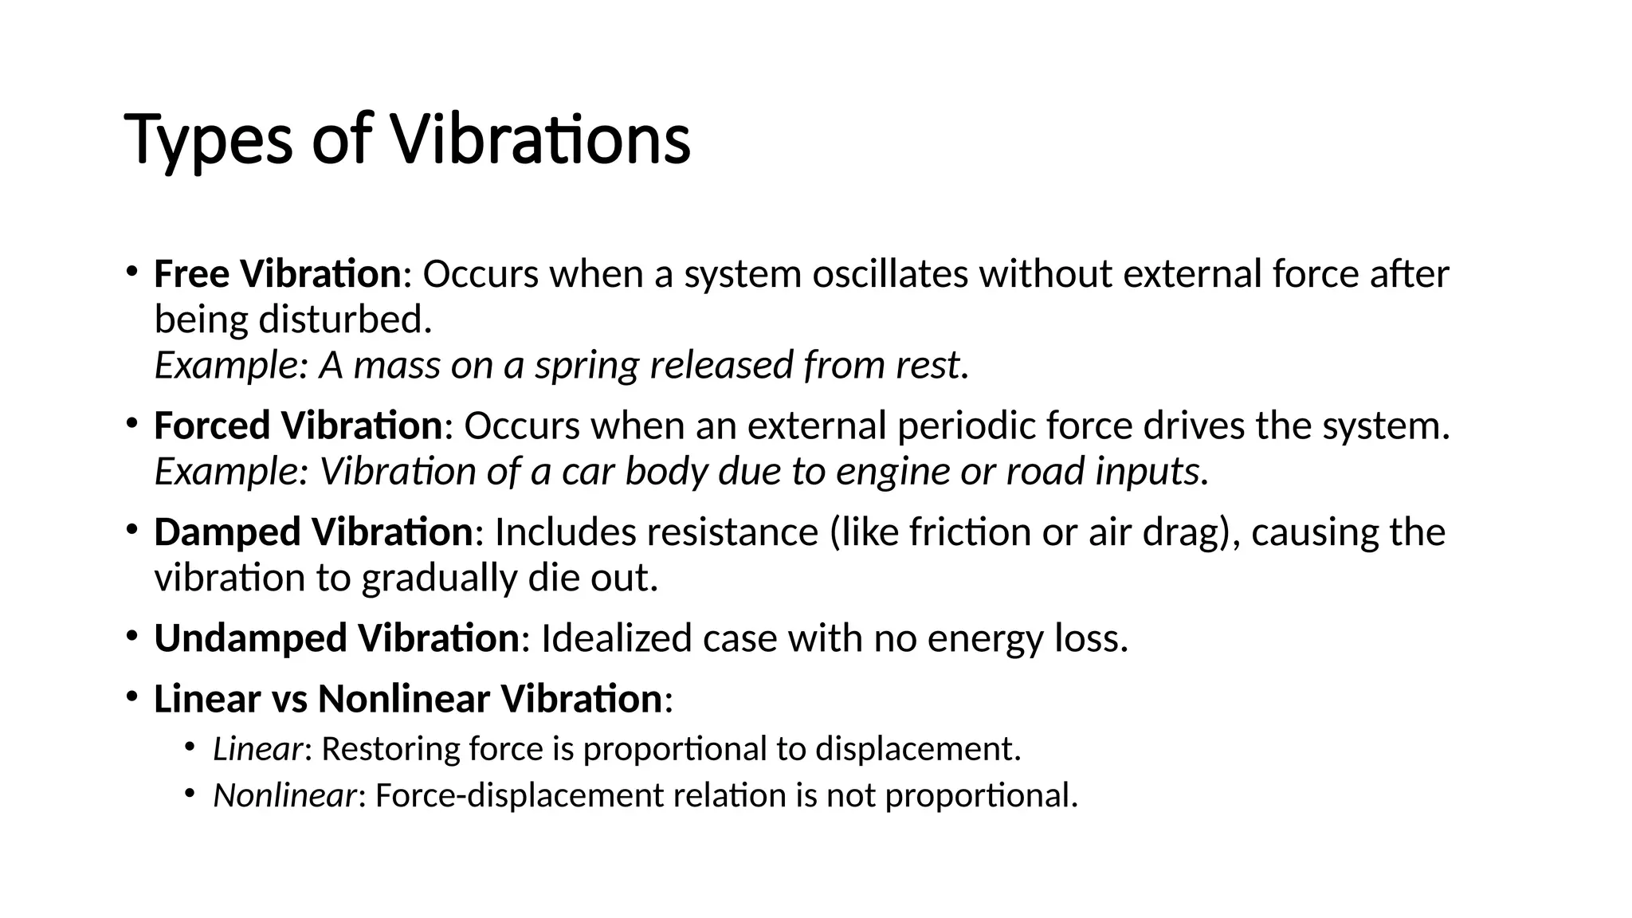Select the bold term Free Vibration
pyautogui.click(x=277, y=274)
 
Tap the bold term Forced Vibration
pyautogui.click(x=297, y=426)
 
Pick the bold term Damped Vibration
pyautogui.click(x=313, y=532)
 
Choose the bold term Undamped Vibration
pyautogui.click(x=336, y=638)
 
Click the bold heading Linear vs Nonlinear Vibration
pyautogui.click(x=407, y=699)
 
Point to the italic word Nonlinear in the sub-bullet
pyautogui.click(x=284, y=795)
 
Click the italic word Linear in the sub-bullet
pyautogui.click(x=257, y=749)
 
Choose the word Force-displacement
pyautogui.click(x=519, y=795)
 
